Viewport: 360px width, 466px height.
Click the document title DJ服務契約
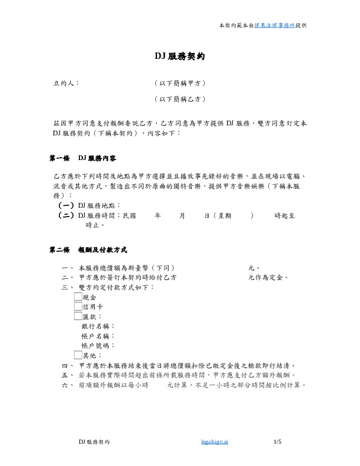click(x=180, y=56)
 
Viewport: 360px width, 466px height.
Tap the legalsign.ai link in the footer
click(x=214, y=441)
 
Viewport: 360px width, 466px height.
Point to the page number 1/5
click(x=278, y=441)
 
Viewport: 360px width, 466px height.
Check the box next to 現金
click(x=78, y=298)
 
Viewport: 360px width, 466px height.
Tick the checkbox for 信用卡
click(x=78, y=307)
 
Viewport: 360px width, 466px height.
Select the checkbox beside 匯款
click(x=78, y=316)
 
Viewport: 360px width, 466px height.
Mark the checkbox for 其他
click(x=78, y=355)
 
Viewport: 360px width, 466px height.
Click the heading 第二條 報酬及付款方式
click(x=88, y=250)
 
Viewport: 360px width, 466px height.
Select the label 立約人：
click(x=66, y=84)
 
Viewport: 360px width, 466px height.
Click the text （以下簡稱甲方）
click(x=180, y=84)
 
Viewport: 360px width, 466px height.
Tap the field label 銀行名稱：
click(x=99, y=326)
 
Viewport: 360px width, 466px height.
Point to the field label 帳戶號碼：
click(x=99, y=345)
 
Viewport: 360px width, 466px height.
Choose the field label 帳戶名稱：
click(x=99, y=335)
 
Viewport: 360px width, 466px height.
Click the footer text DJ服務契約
click(x=95, y=441)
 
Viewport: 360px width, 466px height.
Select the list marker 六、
click(x=65, y=385)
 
